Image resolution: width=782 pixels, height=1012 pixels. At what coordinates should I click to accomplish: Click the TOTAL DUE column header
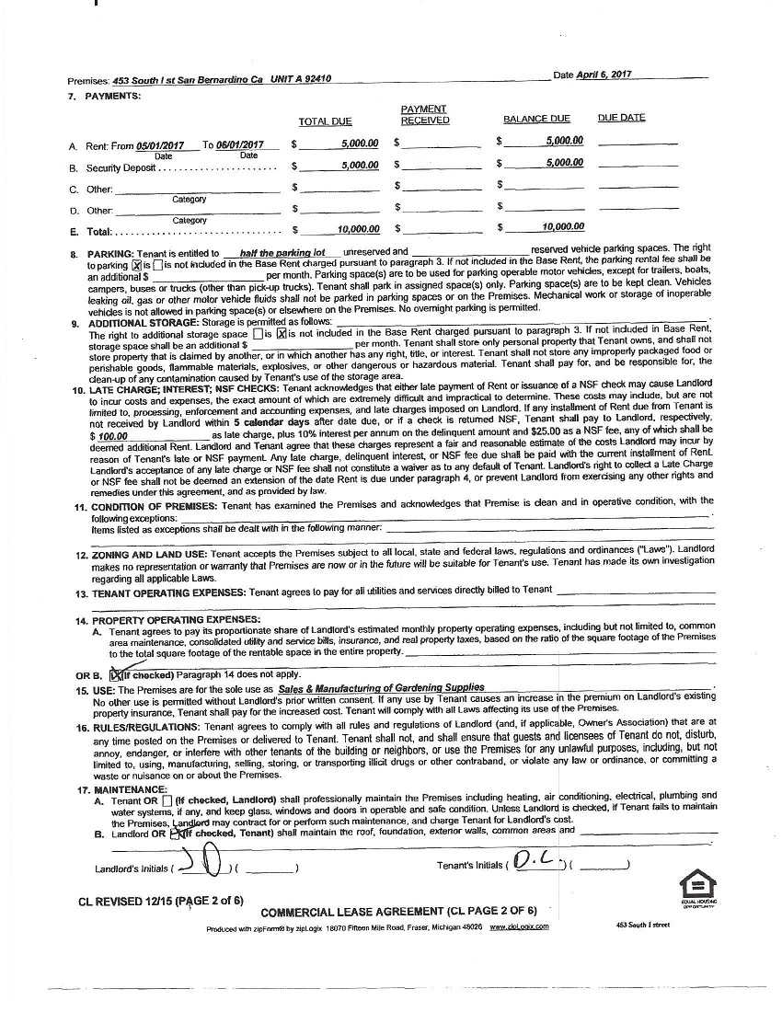[x=325, y=121]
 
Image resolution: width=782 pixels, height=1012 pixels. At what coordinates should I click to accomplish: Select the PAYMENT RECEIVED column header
[x=424, y=114]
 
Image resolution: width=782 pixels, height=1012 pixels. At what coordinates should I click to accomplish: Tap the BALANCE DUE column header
[x=536, y=119]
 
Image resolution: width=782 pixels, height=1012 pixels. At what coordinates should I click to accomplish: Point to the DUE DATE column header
[x=621, y=118]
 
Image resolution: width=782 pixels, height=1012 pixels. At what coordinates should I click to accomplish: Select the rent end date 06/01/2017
[x=240, y=145]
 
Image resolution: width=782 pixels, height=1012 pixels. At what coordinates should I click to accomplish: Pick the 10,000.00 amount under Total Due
[x=358, y=228]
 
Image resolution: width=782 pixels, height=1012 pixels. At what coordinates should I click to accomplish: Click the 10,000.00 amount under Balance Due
[x=563, y=226]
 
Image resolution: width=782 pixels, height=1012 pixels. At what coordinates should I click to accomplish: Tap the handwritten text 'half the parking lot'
[x=282, y=252]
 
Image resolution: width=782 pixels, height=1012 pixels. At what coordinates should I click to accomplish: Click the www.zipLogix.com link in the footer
[x=519, y=926]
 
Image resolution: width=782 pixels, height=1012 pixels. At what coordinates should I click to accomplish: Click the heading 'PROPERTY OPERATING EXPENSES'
[x=176, y=620]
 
